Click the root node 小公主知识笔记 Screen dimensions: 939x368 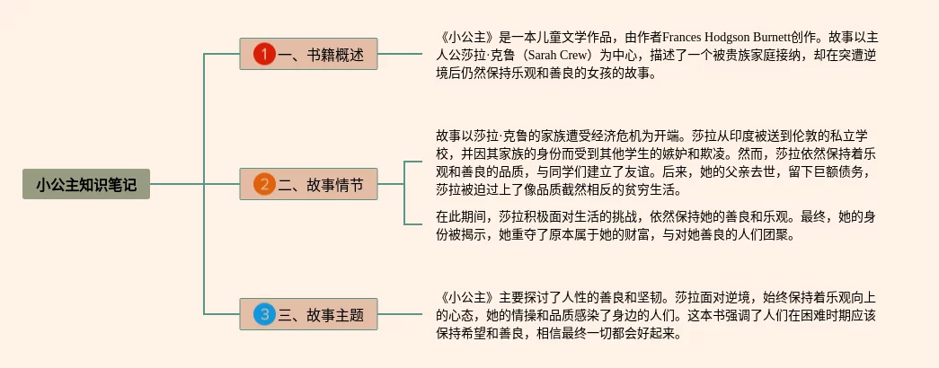click(x=86, y=185)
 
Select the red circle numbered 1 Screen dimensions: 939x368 click(x=263, y=55)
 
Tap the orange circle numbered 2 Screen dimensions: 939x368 click(x=263, y=185)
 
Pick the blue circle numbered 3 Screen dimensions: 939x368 click(x=263, y=314)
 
